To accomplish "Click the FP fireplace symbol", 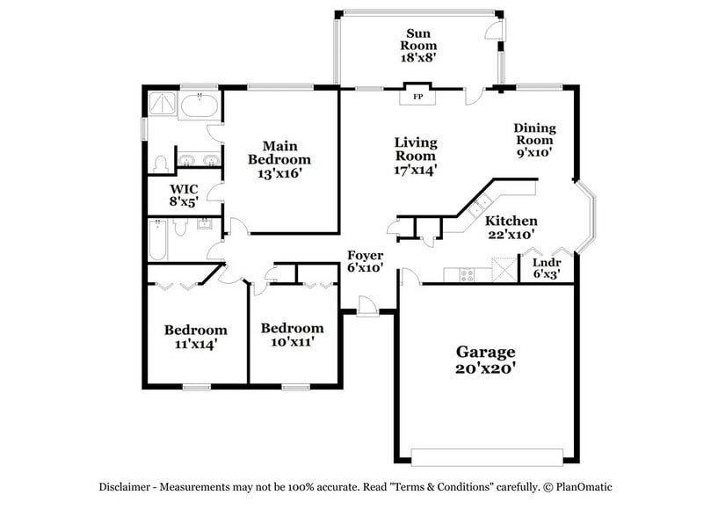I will click(417, 96).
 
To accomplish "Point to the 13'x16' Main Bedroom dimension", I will click(279, 174).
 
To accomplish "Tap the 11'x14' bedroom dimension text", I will click(196, 344).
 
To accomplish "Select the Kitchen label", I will click(511, 221).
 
